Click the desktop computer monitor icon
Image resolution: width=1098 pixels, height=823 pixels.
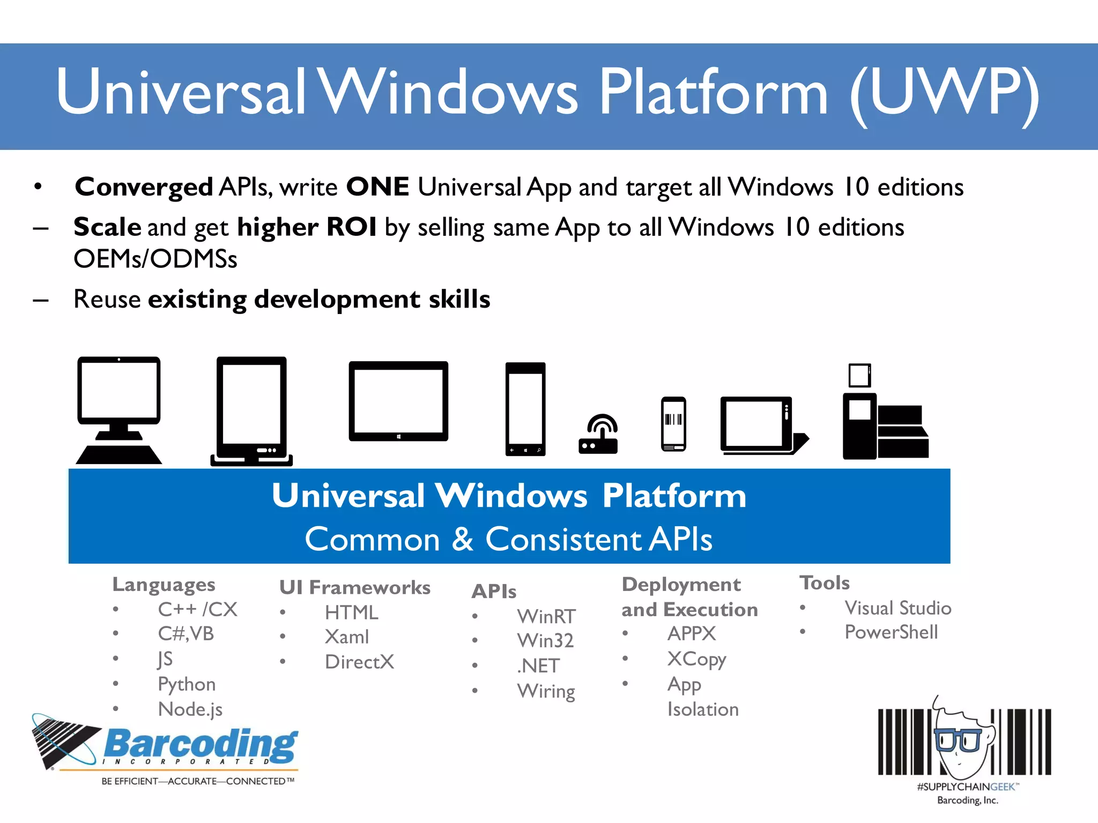click(119, 410)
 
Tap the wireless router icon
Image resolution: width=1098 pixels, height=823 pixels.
click(598, 435)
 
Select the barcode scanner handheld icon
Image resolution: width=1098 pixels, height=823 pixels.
click(673, 424)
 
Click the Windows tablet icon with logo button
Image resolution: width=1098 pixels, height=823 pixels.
click(398, 401)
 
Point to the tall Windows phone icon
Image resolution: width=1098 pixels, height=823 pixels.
click(525, 409)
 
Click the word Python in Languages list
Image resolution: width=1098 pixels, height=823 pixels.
click(187, 684)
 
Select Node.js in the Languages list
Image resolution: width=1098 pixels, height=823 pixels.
click(190, 709)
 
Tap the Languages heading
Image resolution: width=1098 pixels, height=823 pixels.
click(164, 585)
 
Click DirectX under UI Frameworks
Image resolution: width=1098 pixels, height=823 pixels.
click(359, 662)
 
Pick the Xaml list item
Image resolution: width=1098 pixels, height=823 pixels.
click(347, 637)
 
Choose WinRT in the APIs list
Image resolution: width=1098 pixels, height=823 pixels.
click(546, 616)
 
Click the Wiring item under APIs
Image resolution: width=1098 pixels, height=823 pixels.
click(546, 691)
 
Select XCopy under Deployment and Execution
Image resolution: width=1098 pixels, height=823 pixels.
click(696, 659)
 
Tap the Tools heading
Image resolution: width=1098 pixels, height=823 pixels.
click(825, 583)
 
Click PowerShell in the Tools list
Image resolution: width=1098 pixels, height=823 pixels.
click(891, 632)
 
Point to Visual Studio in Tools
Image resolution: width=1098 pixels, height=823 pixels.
click(898, 608)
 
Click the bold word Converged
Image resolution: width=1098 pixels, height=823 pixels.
click(144, 187)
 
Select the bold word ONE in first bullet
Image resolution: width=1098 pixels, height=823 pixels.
click(377, 187)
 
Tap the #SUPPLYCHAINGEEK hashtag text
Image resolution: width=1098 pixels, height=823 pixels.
click(966, 787)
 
